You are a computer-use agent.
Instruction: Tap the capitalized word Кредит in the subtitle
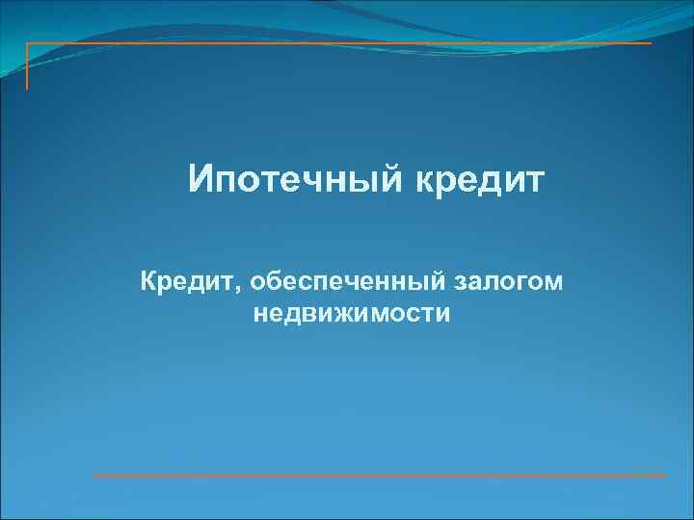(x=188, y=282)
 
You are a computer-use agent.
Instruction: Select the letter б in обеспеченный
(x=275, y=281)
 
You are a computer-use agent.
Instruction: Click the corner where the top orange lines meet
(x=27, y=43)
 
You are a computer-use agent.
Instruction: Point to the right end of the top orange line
(x=652, y=43)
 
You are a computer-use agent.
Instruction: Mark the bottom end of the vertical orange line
(x=27, y=89)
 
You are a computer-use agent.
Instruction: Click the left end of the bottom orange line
(x=93, y=476)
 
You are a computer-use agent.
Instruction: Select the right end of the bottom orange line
(x=665, y=476)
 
